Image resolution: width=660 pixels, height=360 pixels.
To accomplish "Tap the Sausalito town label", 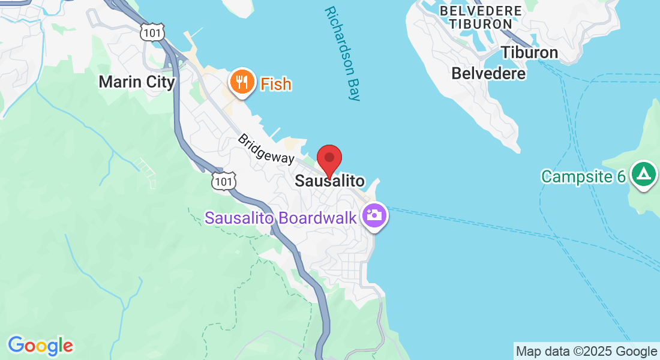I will click(x=329, y=181).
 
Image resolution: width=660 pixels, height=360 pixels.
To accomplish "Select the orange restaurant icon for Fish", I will click(x=242, y=82).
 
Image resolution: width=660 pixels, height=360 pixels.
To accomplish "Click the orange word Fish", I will click(x=276, y=84).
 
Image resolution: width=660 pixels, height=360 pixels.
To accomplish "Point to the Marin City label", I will click(x=137, y=82).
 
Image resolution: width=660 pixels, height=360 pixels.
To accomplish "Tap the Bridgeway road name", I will click(x=266, y=149).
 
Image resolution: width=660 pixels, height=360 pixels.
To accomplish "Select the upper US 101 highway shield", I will click(x=152, y=32).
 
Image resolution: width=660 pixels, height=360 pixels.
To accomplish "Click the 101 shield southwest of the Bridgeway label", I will click(x=223, y=181).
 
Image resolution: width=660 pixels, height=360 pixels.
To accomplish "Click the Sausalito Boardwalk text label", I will click(x=282, y=218).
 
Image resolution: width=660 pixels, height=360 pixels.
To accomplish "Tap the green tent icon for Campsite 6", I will click(x=644, y=175).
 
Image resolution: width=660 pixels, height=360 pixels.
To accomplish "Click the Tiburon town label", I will click(x=529, y=52).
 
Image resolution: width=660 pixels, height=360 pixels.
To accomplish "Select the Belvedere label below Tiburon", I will click(x=488, y=73).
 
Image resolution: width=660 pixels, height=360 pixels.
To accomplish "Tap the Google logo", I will click(x=40, y=346).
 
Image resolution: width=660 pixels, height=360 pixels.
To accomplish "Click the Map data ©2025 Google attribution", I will click(x=586, y=352).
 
